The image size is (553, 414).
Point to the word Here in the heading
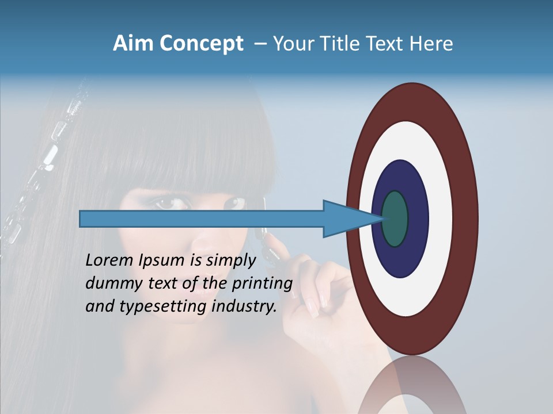point(431,44)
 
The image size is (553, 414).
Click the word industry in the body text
point(244,306)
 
